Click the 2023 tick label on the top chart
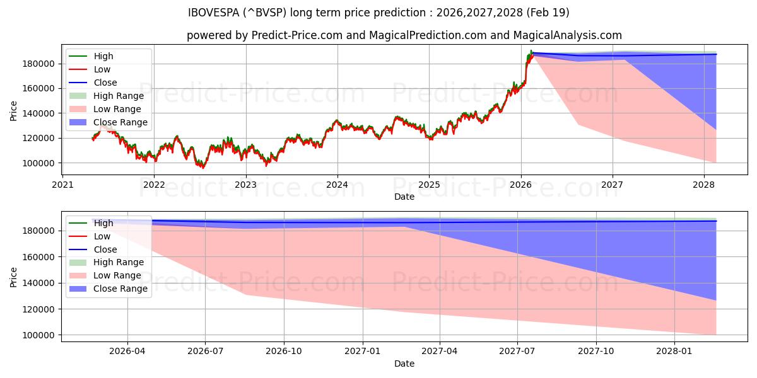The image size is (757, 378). click(x=245, y=185)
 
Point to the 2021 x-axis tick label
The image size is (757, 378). click(x=62, y=185)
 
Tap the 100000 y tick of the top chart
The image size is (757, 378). click(x=40, y=163)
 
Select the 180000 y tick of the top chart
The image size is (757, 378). click(x=40, y=64)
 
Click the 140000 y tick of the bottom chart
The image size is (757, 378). click(x=40, y=283)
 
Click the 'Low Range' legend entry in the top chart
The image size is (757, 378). click(x=117, y=109)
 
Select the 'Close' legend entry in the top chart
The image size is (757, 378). click(x=105, y=83)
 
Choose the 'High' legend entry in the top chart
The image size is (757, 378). click(x=103, y=56)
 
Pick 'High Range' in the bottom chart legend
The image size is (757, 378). click(x=118, y=262)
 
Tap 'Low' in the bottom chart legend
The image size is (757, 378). click(x=102, y=236)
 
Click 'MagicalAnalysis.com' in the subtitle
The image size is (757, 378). click(x=568, y=35)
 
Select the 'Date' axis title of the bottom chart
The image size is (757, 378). click(x=404, y=364)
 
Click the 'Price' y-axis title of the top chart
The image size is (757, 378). click(x=14, y=112)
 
